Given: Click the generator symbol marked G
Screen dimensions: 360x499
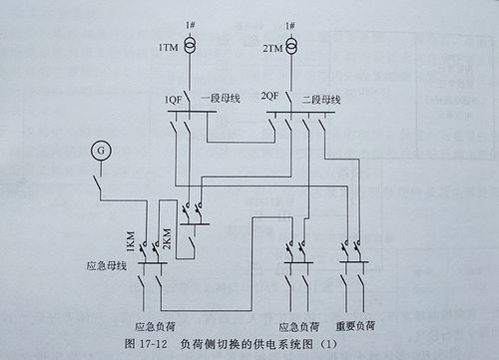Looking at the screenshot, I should pyautogui.click(x=99, y=150).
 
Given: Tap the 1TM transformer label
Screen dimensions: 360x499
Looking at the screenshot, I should pyautogui.click(x=167, y=48).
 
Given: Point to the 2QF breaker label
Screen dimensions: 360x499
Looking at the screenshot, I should pyautogui.click(x=269, y=98).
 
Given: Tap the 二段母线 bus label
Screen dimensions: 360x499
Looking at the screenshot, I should pyautogui.click(x=321, y=99).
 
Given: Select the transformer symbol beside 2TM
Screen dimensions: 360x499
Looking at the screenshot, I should pyautogui.click(x=291, y=46).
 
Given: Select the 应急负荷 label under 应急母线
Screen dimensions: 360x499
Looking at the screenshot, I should pyautogui.click(x=155, y=325).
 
